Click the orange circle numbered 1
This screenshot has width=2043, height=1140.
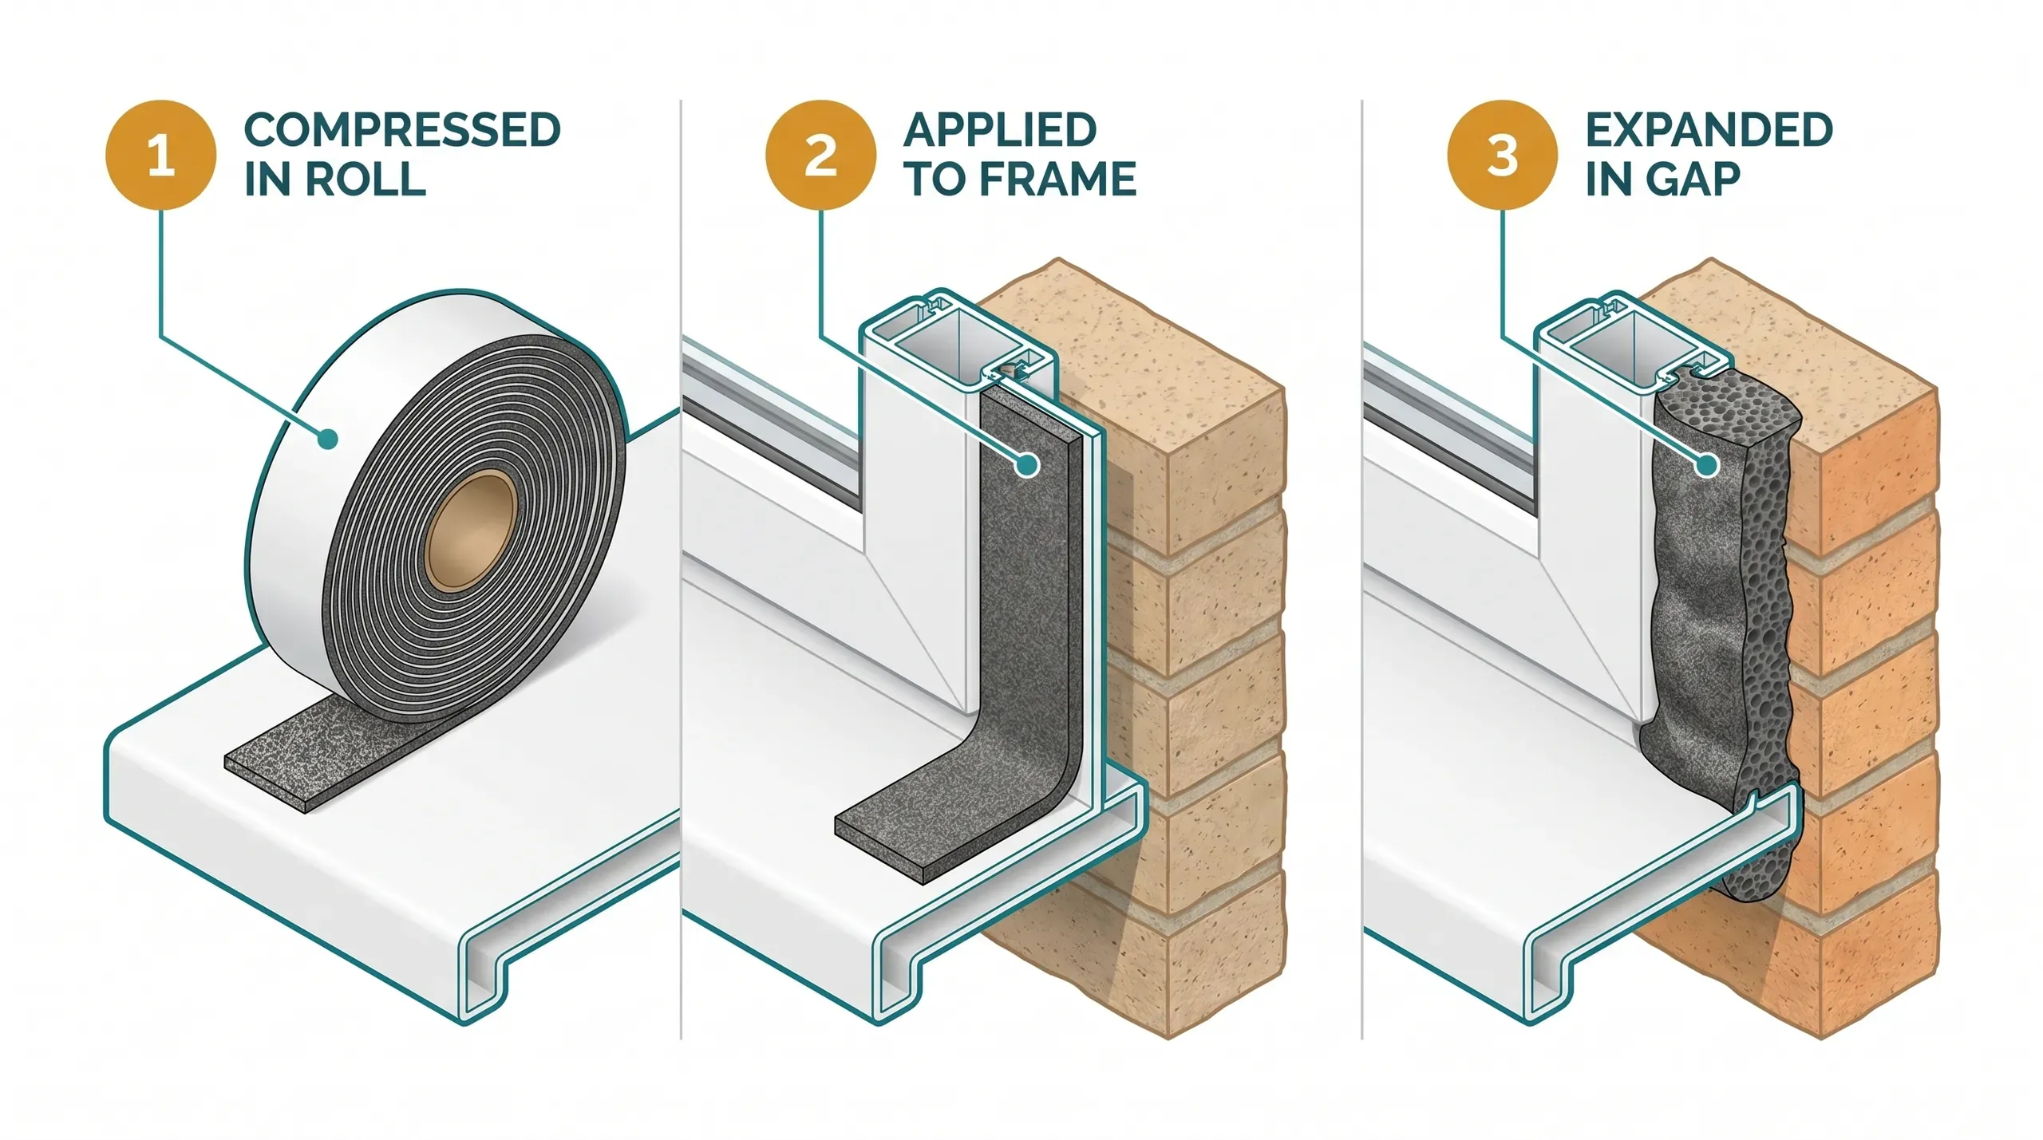tap(161, 155)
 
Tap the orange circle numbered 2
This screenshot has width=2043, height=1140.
tap(820, 155)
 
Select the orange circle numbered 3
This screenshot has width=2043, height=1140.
tap(1502, 155)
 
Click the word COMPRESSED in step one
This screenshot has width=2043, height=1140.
tap(401, 130)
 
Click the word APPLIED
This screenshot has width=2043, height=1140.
tap(1000, 130)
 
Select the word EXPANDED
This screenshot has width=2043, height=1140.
tap(1709, 130)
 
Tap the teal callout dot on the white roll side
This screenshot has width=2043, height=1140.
tap(326, 438)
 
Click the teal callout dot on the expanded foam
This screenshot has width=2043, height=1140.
tap(1707, 464)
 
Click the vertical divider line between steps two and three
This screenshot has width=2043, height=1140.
tap(1361, 558)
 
